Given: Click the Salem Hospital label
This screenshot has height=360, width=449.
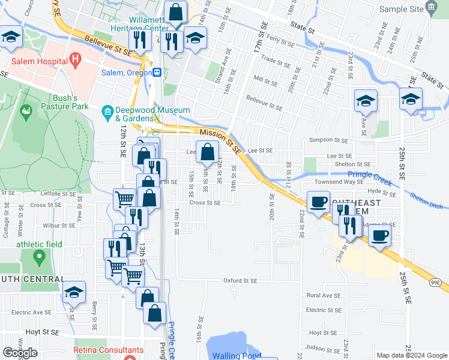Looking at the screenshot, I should pyautogui.click(x=36, y=61).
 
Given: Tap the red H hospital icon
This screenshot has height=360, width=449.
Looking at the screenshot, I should pyautogui.click(x=76, y=59).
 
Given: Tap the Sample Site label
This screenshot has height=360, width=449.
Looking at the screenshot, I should pyautogui.click(x=401, y=9).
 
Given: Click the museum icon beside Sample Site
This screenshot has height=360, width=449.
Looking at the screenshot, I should pyautogui.click(x=431, y=8).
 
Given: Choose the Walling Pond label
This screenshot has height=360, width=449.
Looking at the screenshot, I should pyautogui.click(x=236, y=356).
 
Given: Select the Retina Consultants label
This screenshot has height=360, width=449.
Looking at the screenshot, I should pyautogui.click(x=109, y=350).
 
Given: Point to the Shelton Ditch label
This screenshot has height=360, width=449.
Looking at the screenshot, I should pyautogui.click(x=429, y=200).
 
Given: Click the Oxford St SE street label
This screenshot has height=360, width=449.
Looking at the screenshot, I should pyautogui.click(x=240, y=280).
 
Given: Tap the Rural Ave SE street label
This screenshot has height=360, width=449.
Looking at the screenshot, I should pyautogui.click(x=324, y=295).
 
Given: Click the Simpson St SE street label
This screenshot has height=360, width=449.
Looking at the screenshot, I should pyautogui.click(x=328, y=139).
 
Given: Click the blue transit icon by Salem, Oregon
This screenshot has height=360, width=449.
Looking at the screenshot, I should pyautogui.click(x=157, y=72).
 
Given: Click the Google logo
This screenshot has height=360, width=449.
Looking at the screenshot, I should pyautogui.click(x=20, y=353).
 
